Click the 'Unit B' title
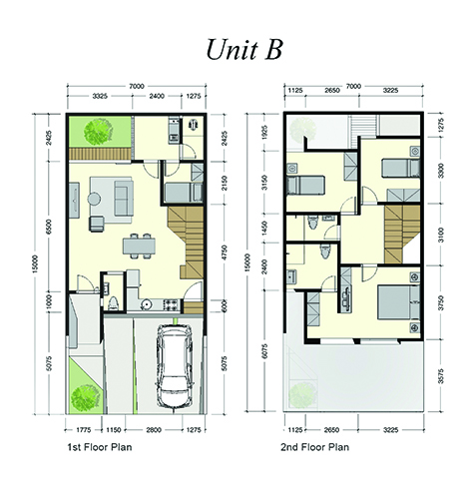[244, 49]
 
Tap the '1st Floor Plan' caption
[100, 447]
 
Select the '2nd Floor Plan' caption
[314, 447]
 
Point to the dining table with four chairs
[139, 246]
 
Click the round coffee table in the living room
[94, 199]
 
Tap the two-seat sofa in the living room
[124, 199]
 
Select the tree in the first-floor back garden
[98, 131]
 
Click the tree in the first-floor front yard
[86, 397]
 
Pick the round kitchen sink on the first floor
[146, 304]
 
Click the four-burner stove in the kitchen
[171, 305]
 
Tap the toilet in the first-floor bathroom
[114, 303]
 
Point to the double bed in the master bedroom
[399, 302]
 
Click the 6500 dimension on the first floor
[49, 227]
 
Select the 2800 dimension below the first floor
[154, 430]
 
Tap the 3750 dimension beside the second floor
[441, 302]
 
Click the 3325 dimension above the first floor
[100, 96]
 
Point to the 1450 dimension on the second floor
[264, 229]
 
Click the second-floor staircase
[402, 235]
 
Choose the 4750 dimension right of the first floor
[225, 253]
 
